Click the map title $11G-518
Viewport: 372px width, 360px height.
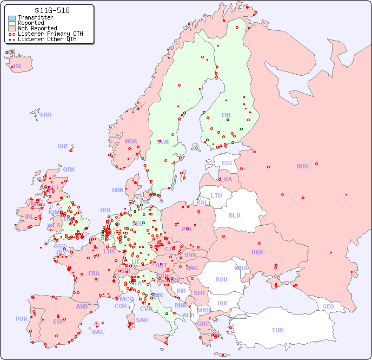pyautogui.click(x=52, y=10)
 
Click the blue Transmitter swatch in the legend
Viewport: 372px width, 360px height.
pyautogui.click(x=12, y=17)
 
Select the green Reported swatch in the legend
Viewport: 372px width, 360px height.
pyautogui.click(x=12, y=23)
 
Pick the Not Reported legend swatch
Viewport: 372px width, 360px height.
pyautogui.click(x=12, y=28)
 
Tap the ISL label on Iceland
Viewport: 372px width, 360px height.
pyautogui.click(x=18, y=67)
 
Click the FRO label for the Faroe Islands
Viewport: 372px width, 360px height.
pyautogui.click(x=46, y=115)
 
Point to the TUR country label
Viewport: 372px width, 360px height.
pyautogui.click(x=277, y=330)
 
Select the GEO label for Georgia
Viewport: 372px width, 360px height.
pyautogui.click(x=328, y=306)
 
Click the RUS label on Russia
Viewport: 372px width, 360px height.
pyautogui.click(x=302, y=166)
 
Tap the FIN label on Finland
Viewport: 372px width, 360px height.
pyautogui.click(x=226, y=115)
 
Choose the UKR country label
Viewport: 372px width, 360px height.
pyautogui.click(x=257, y=252)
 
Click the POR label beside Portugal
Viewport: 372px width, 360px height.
pyautogui.click(x=21, y=319)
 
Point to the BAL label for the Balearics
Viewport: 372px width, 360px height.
pyautogui.click(x=98, y=332)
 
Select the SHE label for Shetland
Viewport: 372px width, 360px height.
pyautogui.click(x=63, y=146)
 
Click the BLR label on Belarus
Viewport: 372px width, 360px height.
pyautogui.click(x=235, y=215)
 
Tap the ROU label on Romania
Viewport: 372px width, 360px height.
pyautogui.click(x=221, y=279)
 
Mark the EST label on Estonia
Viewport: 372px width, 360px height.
pyautogui.click(x=227, y=163)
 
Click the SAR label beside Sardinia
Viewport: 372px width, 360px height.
pyautogui.click(x=142, y=319)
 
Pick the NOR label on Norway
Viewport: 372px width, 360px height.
pyautogui.click(x=131, y=141)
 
